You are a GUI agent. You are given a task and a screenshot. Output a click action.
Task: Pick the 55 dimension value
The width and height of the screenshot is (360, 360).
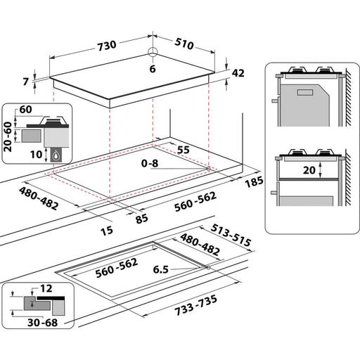[184, 150]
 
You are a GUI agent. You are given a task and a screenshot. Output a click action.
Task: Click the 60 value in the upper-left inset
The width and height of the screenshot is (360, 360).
[26, 109]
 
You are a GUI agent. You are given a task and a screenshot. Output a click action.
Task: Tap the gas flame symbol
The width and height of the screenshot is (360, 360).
[54, 156]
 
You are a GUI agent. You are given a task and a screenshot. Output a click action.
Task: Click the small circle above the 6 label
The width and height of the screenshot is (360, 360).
[153, 51]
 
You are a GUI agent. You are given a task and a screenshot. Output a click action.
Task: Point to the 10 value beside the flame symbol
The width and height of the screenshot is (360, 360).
[35, 154]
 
